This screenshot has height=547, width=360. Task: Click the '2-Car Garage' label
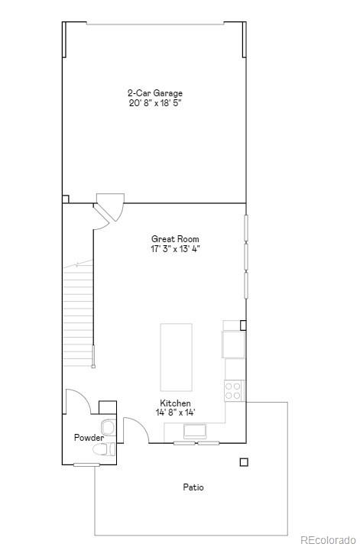154,93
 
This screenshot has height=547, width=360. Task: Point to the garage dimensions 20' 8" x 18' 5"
154,103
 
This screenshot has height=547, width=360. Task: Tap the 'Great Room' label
175,239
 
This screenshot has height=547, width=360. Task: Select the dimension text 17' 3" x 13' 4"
175,248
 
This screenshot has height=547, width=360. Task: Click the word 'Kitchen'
175,403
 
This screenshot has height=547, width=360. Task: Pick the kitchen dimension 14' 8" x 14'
175,413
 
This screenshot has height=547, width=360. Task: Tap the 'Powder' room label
88,438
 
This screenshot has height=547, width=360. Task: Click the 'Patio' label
193,487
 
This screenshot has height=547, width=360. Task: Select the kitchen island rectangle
176,357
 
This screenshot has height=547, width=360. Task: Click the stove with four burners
234,391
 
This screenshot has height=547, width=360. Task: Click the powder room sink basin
108,426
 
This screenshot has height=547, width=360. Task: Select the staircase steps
78,313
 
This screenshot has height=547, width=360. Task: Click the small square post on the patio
244,461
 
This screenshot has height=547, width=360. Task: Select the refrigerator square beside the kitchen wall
234,344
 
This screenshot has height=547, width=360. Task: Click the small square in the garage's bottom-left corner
66,199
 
